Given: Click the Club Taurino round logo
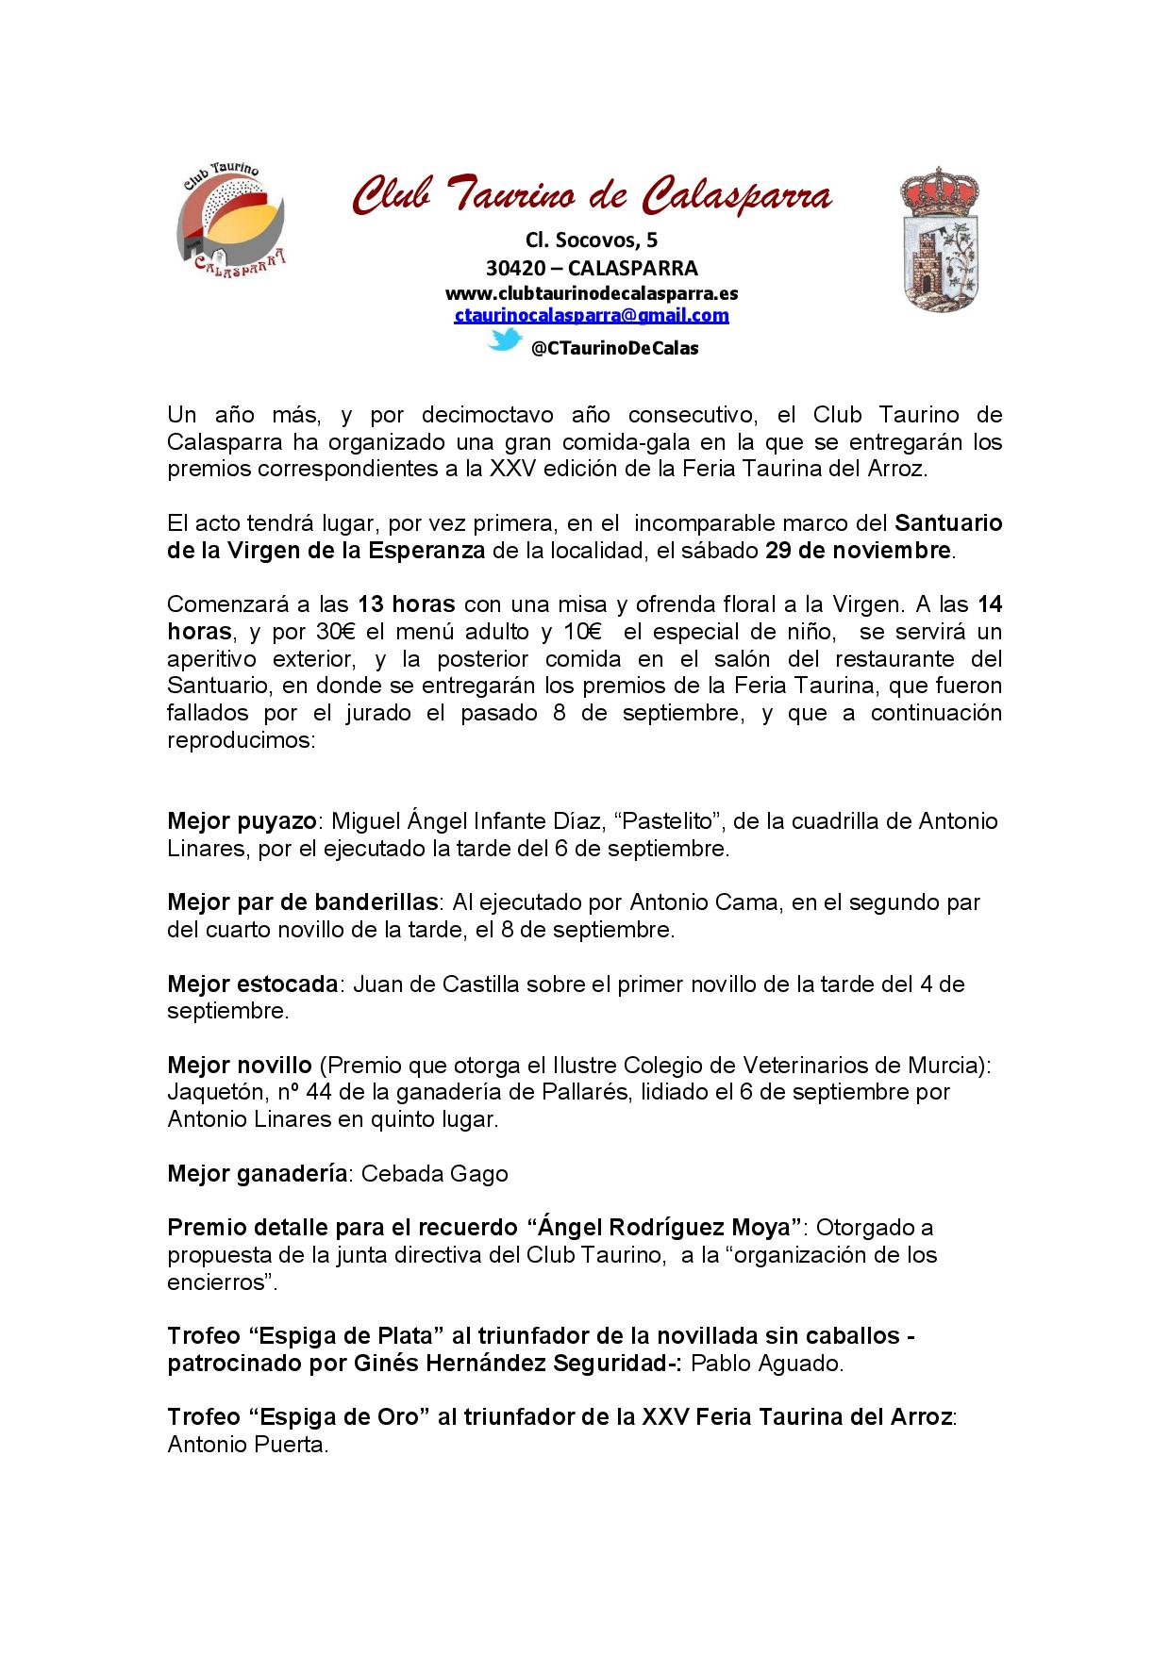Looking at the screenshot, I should click(x=231, y=220).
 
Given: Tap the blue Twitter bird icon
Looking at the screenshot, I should click(x=504, y=340).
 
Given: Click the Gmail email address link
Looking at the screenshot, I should click(x=592, y=316).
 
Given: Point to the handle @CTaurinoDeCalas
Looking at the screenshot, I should click(x=614, y=348).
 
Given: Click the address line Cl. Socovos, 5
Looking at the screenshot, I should click(x=592, y=241).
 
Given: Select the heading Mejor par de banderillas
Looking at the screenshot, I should click(x=302, y=901).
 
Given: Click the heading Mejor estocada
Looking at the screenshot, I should click(x=252, y=984).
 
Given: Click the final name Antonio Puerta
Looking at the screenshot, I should click(x=246, y=1445).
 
